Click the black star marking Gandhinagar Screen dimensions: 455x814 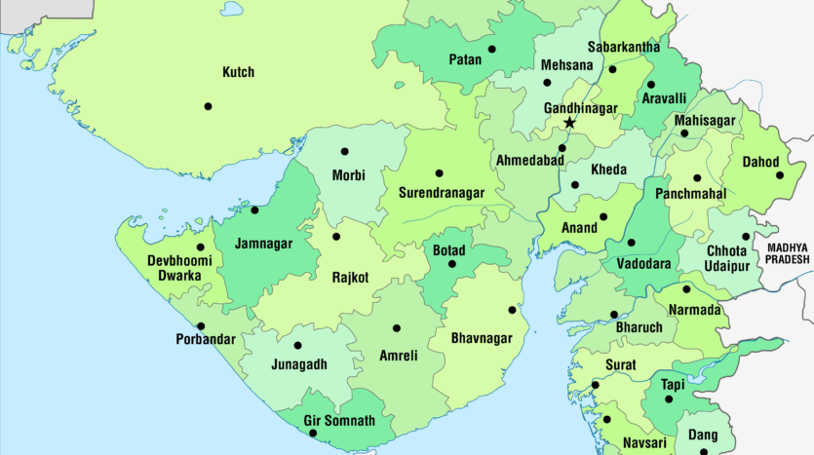(x=569, y=123)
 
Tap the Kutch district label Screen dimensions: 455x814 (x=238, y=72)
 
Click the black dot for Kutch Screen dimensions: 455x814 (x=208, y=106)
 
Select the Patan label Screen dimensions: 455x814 (x=465, y=59)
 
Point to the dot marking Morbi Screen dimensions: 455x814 (x=344, y=151)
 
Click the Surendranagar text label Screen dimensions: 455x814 (x=442, y=193)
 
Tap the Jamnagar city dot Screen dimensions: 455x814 (x=254, y=209)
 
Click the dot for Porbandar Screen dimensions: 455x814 (x=201, y=326)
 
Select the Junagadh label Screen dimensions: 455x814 (x=299, y=364)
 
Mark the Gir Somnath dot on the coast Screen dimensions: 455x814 (x=313, y=432)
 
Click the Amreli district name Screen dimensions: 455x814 (x=398, y=357)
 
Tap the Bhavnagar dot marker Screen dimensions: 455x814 (x=512, y=310)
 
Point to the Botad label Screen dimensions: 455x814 (x=449, y=250)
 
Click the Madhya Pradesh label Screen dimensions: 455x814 (x=788, y=253)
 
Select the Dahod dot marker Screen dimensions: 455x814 (x=780, y=175)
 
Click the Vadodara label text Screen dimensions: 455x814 (x=643, y=264)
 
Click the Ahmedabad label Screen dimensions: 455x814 (x=531, y=160)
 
